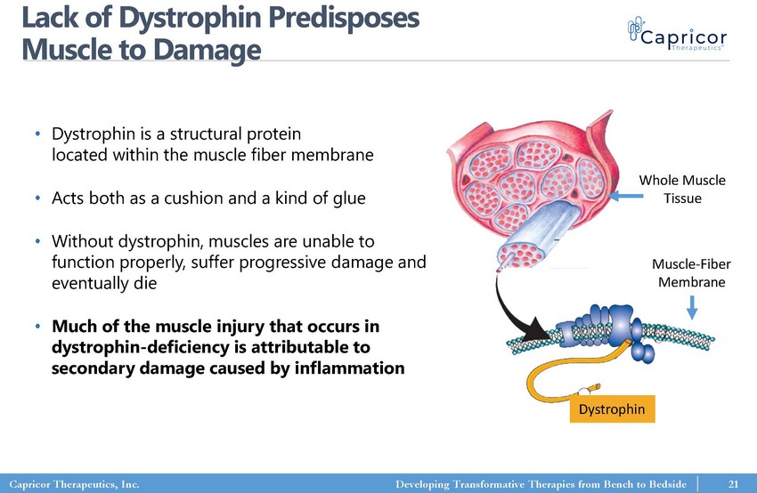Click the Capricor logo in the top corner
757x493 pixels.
coord(677,34)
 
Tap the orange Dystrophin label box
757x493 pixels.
coord(612,409)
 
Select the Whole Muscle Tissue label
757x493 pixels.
coord(682,189)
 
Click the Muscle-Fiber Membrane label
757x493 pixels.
coord(691,273)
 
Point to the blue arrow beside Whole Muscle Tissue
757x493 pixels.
coord(626,196)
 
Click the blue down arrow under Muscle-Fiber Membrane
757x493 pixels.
coord(692,307)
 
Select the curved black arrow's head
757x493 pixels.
coord(537,329)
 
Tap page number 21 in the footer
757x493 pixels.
coord(733,484)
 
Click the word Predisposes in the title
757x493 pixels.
coord(344,19)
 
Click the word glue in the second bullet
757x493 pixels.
coord(350,198)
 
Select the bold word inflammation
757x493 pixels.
coord(349,368)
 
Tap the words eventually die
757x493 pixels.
coord(104,283)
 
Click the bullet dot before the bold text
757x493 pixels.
coord(37,327)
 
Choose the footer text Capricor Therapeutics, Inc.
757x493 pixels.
coord(74,484)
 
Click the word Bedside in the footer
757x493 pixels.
coord(663,484)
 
